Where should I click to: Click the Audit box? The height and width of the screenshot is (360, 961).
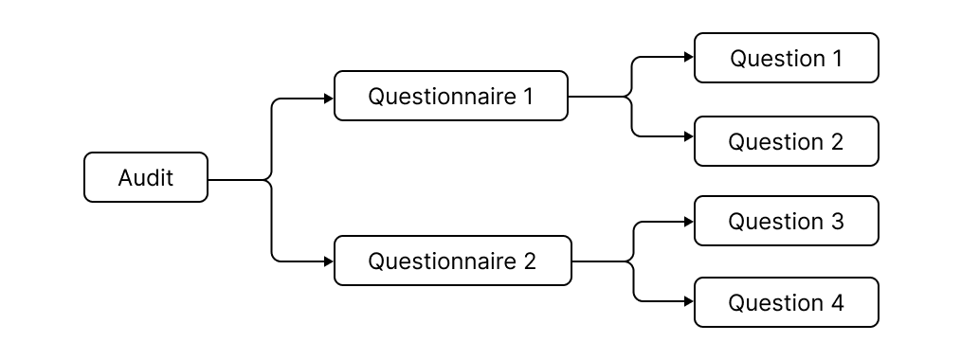pos(146,177)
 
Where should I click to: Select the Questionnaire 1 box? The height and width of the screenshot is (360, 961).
pos(451,96)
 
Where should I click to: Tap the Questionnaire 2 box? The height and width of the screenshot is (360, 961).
pos(453,261)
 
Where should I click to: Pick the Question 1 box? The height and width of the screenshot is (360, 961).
pos(786,58)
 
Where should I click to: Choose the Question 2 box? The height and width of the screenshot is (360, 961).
pos(786,141)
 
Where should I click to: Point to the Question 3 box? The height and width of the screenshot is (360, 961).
pos(786,221)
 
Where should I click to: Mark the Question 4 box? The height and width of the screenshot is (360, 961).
pos(786,302)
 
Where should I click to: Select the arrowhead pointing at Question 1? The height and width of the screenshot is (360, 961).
pos(689,57)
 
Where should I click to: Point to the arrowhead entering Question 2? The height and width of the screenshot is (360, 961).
pos(689,136)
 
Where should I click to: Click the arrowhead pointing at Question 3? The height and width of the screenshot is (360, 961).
pos(689,223)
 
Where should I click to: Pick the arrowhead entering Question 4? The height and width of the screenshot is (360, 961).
pos(689,301)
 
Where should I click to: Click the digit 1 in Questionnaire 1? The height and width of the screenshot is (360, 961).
pos(528,96)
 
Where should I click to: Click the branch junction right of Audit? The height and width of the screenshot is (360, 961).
pos(272,178)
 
